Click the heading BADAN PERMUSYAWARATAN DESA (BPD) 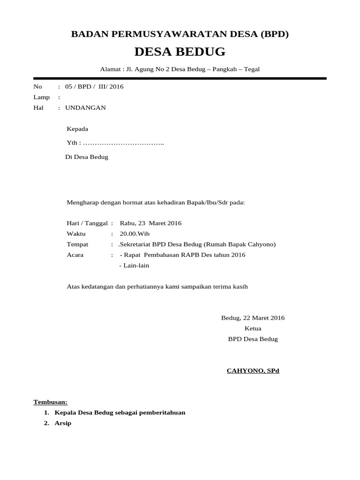(x=180, y=34)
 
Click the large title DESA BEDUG (x=180, y=52)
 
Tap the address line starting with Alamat (x=180, y=69)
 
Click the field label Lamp (x=41, y=97)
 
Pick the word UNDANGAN (x=85, y=108)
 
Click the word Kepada (x=77, y=129)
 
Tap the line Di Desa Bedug (x=87, y=157)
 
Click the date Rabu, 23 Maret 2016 (x=150, y=223)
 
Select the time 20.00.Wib (x=135, y=234)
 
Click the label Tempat (x=77, y=245)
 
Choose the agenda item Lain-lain (x=136, y=266)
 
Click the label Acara (x=76, y=255)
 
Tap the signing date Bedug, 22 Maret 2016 (x=253, y=318)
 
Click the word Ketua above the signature (x=253, y=329)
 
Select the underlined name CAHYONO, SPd (x=253, y=371)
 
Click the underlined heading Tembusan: (x=50, y=402)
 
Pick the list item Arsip (x=63, y=423)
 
